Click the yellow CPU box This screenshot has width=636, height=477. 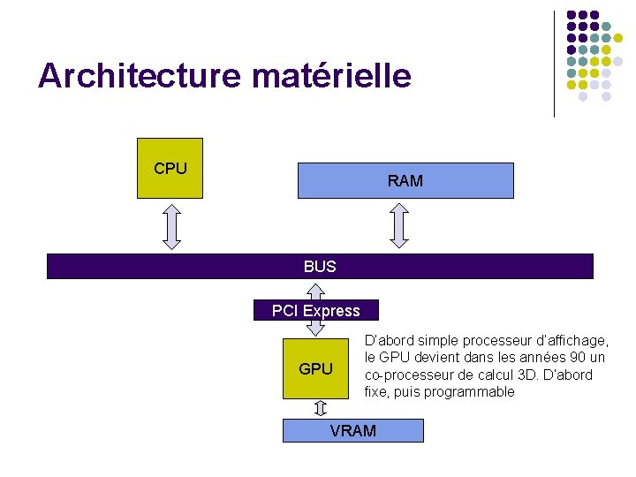pos(170,168)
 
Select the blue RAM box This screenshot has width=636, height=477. pos(405,180)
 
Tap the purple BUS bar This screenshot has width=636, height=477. pos(320,266)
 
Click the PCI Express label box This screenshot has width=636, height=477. pos(315,310)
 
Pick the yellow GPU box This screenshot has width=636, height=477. pos(315,368)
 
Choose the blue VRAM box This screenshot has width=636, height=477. pos(352,430)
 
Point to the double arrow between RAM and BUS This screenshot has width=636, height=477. pos(400,225)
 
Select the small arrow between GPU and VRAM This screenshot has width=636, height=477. pos(321,408)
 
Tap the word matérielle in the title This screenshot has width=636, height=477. pos(331,76)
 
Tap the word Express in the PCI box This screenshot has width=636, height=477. pos(331,310)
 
